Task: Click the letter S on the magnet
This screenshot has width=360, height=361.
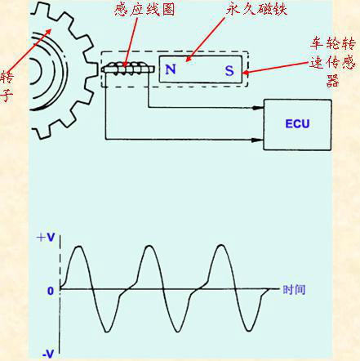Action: point(229,70)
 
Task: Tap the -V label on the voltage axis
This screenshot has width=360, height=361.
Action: point(47,354)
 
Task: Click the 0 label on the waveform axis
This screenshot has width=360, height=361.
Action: point(50,290)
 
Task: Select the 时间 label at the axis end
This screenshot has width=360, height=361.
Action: point(294,290)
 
